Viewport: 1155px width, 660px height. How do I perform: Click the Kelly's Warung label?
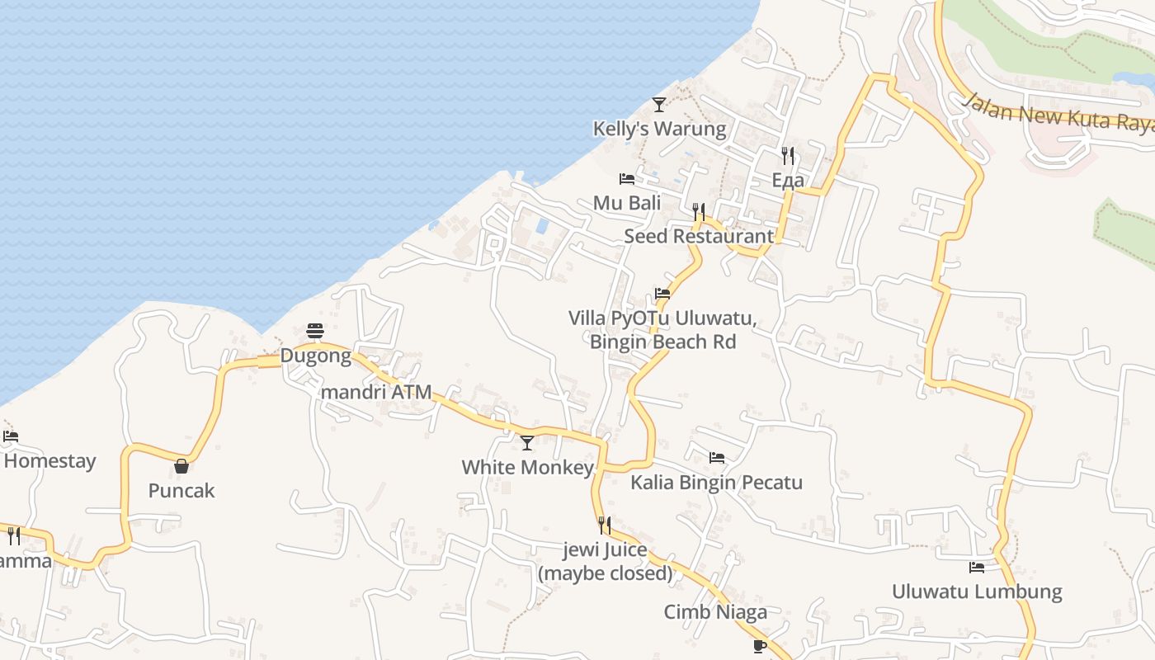(659, 129)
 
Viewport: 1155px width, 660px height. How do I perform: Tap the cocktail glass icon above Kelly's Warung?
(658, 105)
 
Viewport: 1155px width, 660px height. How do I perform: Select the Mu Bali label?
(627, 203)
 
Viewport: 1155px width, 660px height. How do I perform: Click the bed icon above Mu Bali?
(627, 179)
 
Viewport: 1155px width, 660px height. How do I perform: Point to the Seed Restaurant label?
(699, 236)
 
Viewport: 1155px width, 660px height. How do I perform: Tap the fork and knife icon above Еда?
(788, 155)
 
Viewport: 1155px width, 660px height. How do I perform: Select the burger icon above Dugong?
(315, 332)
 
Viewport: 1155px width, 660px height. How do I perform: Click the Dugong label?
(315, 356)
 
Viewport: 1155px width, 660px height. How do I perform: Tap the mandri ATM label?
(376, 392)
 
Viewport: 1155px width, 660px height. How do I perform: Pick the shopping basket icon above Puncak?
(181, 467)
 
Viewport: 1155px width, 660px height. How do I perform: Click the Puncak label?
(181, 491)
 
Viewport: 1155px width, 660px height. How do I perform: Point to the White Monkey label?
(527, 468)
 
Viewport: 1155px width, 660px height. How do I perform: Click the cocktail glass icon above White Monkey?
(527, 443)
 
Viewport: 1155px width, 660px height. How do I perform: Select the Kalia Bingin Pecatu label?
(716, 483)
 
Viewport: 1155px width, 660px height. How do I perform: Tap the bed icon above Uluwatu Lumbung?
(977, 568)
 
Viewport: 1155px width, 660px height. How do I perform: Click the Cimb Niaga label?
(715, 612)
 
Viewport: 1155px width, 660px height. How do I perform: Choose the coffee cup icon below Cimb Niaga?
(760, 645)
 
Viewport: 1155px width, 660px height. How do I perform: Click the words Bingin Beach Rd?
(662, 342)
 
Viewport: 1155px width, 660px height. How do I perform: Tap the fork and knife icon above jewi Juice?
(605, 526)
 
